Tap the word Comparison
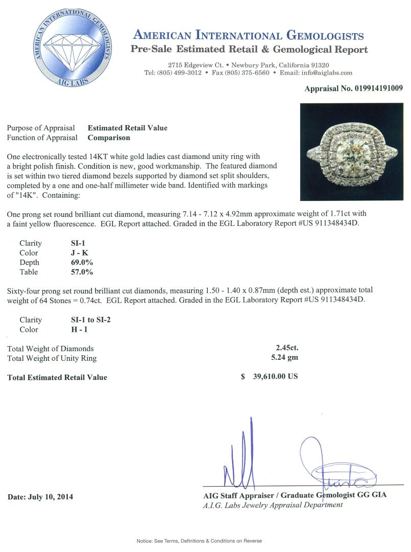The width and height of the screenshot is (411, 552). [x=109, y=137]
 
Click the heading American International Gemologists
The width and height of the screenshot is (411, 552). [x=248, y=36]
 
